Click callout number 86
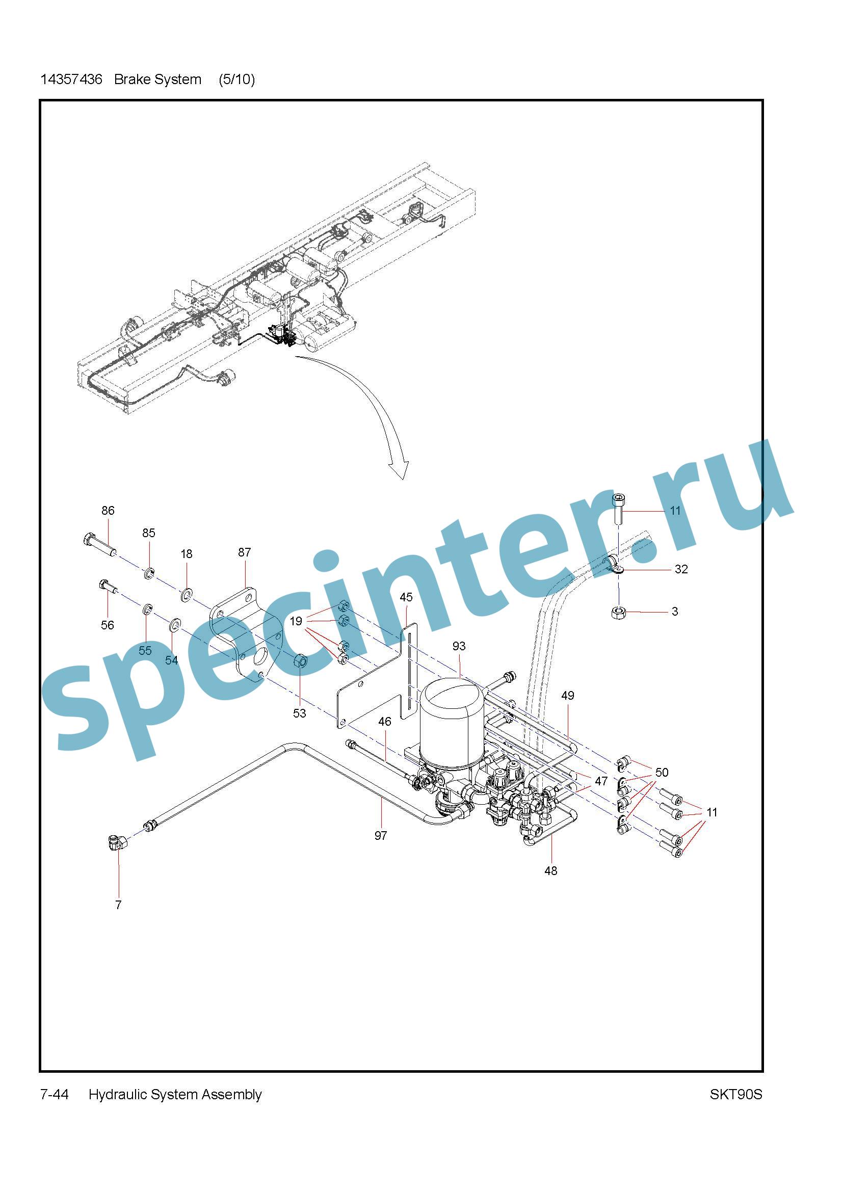108,510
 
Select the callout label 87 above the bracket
245,552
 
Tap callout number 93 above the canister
459,646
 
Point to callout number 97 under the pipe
381,835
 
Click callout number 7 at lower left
118,905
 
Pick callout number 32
681,569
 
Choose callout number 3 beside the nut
675,612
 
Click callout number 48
551,870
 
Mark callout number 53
300,713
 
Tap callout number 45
406,597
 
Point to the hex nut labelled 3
618,612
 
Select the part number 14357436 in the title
71,80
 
